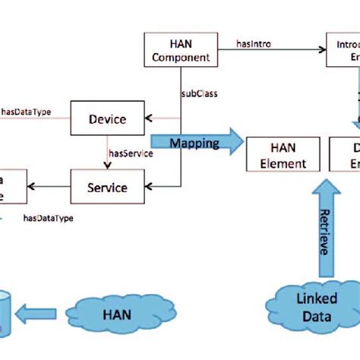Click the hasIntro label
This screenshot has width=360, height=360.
click(253, 45)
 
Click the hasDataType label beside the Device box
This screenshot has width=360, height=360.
click(26, 112)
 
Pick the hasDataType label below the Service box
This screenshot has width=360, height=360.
click(49, 219)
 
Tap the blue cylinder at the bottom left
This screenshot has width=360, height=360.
click(5, 311)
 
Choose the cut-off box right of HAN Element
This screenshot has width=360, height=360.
click(346, 156)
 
